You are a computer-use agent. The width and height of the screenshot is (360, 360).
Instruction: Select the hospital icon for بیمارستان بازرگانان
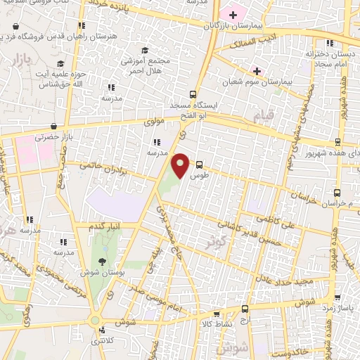(x=233, y=14)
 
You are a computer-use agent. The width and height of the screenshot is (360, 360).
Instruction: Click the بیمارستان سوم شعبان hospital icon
(x=257, y=71)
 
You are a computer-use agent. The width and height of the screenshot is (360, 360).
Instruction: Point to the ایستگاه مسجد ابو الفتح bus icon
(x=193, y=94)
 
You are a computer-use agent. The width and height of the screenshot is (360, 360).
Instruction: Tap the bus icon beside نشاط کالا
(x=245, y=309)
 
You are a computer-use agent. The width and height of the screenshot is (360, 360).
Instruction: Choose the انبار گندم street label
(x=105, y=226)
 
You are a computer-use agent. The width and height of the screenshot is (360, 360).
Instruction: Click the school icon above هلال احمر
(x=146, y=51)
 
